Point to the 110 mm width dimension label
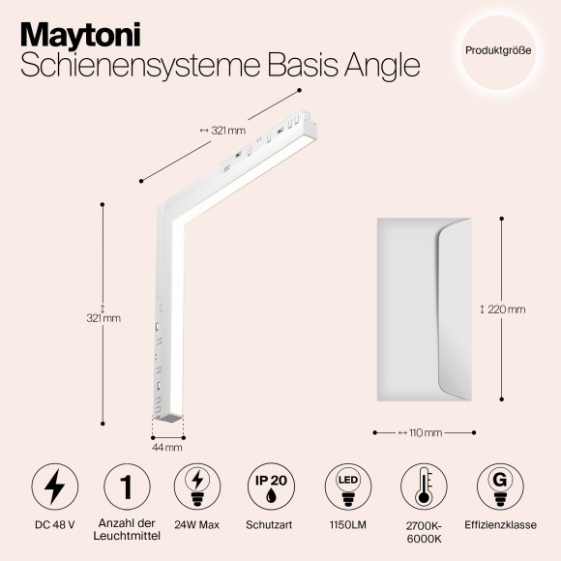(423, 432)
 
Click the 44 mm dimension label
(167, 447)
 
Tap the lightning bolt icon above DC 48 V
(55, 487)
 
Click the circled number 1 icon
(126, 487)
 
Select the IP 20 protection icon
(269, 487)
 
